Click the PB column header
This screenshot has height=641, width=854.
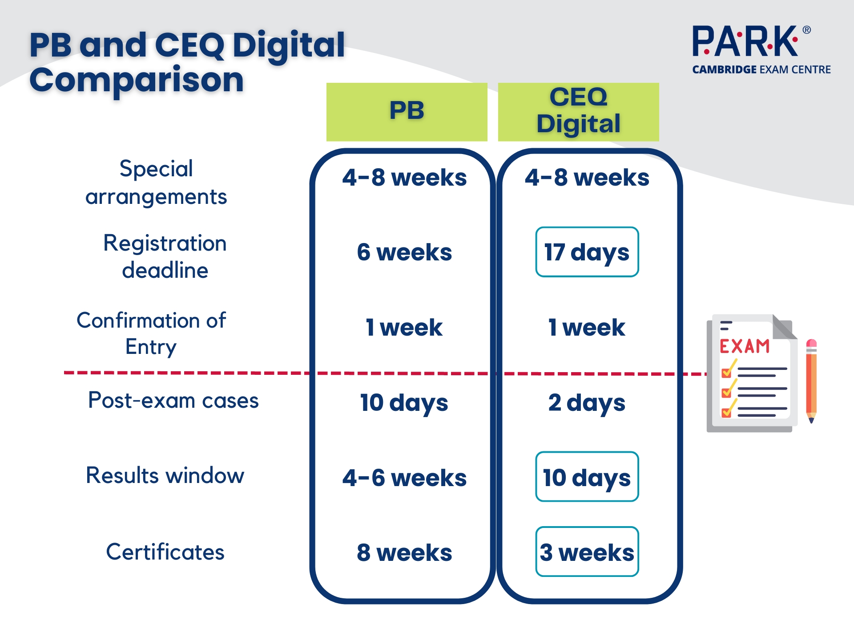click(407, 112)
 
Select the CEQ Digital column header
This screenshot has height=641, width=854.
click(578, 112)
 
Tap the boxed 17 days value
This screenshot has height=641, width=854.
click(587, 252)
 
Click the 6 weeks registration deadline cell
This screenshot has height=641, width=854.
click(404, 252)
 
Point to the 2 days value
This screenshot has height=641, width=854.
click(587, 403)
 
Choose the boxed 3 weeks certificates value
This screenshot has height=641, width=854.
click(587, 552)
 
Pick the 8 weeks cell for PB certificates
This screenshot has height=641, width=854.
click(404, 552)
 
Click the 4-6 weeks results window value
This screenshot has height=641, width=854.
click(404, 478)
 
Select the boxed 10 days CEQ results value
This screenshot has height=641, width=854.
click(587, 477)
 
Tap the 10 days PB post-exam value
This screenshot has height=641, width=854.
click(404, 403)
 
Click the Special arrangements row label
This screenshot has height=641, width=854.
click(156, 182)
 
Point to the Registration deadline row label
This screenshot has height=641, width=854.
click(165, 256)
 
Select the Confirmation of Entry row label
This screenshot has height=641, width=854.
click(151, 333)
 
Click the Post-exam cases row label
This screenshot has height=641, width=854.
click(173, 400)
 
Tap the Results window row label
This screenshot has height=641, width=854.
click(165, 475)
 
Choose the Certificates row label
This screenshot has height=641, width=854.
click(165, 552)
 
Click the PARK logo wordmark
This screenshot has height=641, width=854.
click(745, 41)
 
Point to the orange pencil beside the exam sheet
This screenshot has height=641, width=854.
click(811, 381)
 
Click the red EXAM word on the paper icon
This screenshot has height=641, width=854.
click(745, 346)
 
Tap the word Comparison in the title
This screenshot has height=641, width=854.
click(137, 81)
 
